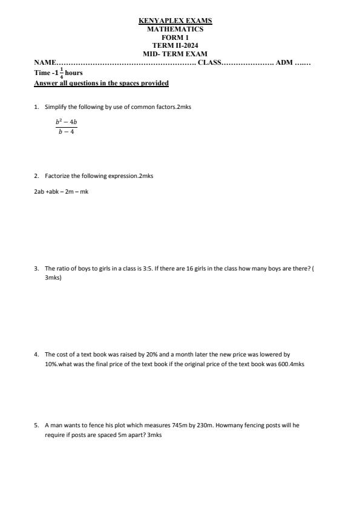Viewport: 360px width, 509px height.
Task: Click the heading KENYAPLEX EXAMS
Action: (x=175, y=21)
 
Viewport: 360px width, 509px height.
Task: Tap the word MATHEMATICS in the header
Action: (x=175, y=29)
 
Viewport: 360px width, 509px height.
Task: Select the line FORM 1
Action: (x=175, y=38)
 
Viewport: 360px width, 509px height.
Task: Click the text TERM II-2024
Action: (x=175, y=45)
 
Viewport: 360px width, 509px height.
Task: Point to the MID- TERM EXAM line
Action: (x=175, y=54)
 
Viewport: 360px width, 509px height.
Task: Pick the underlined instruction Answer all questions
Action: (x=101, y=83)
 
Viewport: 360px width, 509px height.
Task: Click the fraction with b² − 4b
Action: (x=67, y=126)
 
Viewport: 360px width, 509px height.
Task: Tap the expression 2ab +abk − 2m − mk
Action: (x=61, y=192)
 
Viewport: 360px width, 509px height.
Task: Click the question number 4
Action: (x=36, y=355)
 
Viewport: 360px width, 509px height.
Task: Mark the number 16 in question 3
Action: (x=181, y=268)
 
